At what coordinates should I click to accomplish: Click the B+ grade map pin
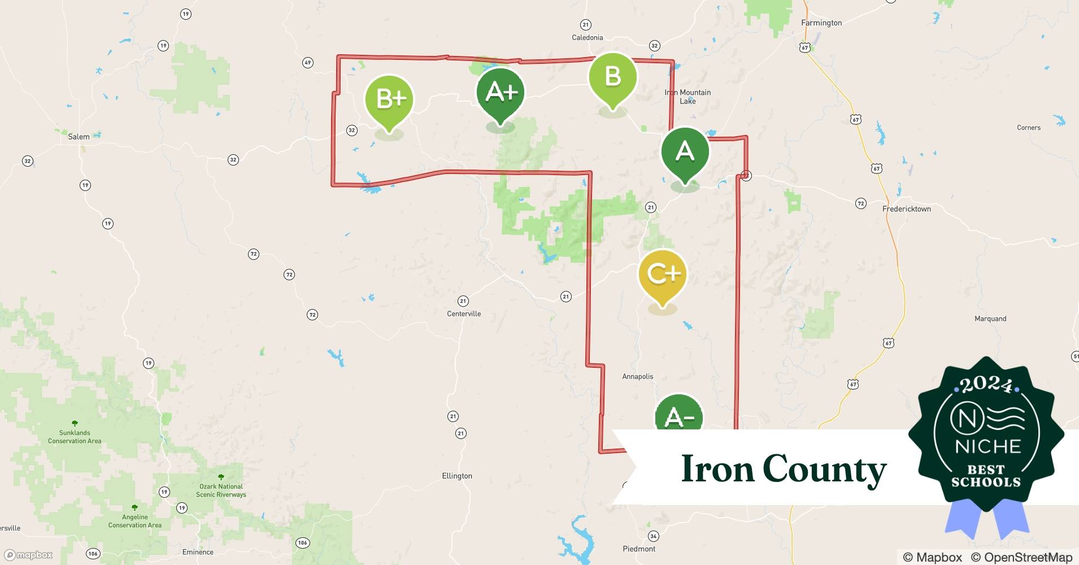[x=389, y=99]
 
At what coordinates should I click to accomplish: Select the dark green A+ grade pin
[x=500, y=92]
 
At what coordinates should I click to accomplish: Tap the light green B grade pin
[x=612, y=77]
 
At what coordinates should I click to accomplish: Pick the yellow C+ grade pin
[x=662, y=275]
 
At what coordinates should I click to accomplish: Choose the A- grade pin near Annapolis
[x=678, y=416]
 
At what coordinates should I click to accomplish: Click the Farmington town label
[x=821, y=23]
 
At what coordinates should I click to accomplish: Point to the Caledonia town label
[x=588, y=37]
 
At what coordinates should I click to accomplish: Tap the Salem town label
[x=79, y=136]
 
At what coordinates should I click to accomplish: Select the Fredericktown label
[x=907, y=208]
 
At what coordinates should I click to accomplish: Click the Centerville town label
[x=464, y=314]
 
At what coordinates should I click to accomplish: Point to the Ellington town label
[x=457, y=476]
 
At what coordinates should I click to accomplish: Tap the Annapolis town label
[x=638, y=376]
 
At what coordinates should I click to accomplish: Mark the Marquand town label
[x=990, y=319]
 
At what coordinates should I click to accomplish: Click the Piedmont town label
[x=639, y=549]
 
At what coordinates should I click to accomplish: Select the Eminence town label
[x=198, y=552]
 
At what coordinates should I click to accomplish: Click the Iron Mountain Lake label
[x=688, y=97]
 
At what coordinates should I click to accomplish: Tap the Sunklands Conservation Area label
[x=75, y=437]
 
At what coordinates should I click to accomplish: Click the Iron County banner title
[x=784, y=468]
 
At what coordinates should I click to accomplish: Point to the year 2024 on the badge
[x=986, y=385]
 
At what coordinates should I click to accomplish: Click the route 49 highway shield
[x=307, y=62]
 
